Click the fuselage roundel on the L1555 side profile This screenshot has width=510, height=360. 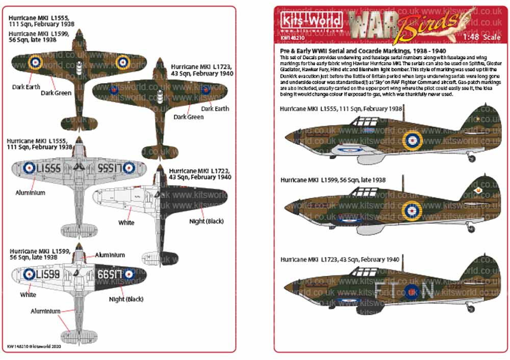(412, 139)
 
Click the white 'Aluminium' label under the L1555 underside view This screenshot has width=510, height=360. (30, 193)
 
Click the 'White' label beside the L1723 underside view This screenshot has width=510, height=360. (126, 222)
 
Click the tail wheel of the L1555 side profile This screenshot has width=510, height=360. (472, 159)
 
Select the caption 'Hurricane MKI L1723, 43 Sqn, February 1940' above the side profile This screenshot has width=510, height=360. (340, 260)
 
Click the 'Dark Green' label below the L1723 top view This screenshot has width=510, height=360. (189, 117)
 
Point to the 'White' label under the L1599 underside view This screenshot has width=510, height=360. (28, 295)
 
